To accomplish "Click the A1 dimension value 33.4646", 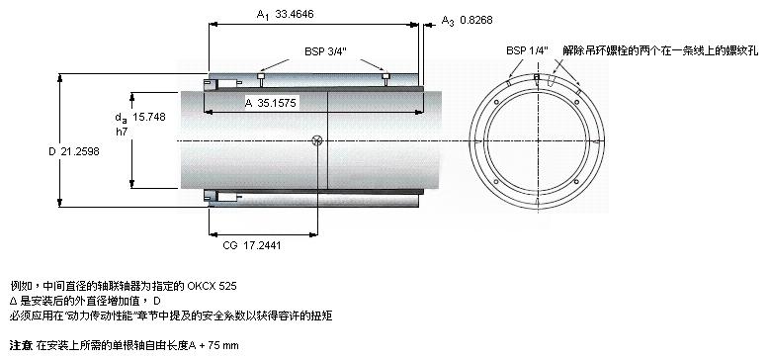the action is coord(295,14).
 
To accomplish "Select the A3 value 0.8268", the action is coord(476,20).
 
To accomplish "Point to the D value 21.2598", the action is coord(80,152).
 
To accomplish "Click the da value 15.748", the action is coord(149,117).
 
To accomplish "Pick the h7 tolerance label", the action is coord(122,131).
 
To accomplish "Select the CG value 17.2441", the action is coord(262,245).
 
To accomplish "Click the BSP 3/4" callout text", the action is coord(326,51).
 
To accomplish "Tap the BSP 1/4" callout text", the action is coord(528,50).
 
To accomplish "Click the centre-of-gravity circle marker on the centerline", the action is coord(317,141).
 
